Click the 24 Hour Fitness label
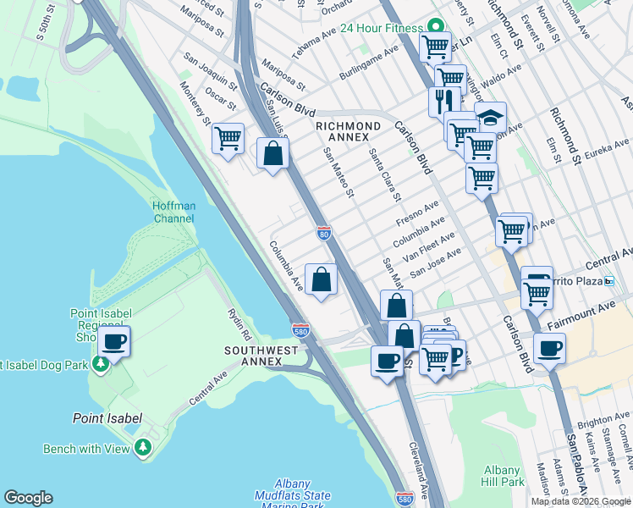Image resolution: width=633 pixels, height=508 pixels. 381,28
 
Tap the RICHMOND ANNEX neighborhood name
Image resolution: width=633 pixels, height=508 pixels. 342,131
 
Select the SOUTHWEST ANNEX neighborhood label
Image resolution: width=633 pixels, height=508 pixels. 261,356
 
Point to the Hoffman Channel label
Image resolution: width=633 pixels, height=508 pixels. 173,212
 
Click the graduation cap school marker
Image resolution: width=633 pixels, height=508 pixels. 490,117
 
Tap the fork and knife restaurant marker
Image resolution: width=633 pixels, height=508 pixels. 443,101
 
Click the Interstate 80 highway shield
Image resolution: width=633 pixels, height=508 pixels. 323,232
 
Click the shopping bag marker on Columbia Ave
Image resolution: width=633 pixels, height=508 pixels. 321,279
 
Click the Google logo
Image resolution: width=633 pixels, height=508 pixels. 28,498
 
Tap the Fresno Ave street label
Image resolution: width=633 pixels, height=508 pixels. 419,213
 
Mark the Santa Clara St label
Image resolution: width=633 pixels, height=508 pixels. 383,174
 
